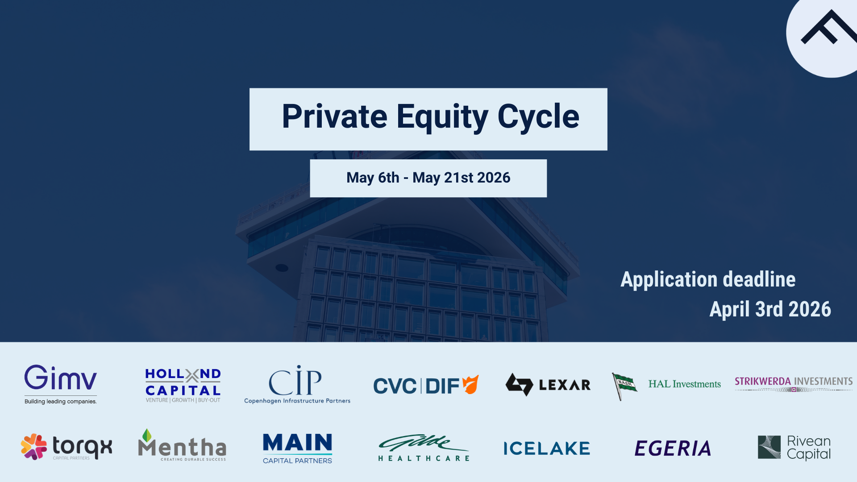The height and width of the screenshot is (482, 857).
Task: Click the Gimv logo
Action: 60,383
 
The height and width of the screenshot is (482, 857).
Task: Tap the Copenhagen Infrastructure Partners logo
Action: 297,384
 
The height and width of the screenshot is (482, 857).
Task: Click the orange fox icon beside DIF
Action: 470,384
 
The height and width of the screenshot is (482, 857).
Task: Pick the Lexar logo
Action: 548,384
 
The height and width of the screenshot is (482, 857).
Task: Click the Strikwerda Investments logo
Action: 793,383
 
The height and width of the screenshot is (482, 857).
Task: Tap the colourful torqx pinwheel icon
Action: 34,446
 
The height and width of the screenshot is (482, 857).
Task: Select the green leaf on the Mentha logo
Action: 147,435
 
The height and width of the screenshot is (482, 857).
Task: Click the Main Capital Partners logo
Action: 297,448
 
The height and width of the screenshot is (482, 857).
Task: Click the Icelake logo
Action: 547,448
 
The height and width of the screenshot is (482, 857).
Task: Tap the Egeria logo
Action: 673,448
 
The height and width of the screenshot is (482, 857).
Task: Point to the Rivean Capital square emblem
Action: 769,447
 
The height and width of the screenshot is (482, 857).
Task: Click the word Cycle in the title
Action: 538,117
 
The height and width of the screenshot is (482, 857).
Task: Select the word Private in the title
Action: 334,117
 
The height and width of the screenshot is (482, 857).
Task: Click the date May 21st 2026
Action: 461,178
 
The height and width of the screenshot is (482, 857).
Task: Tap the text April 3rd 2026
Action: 770,309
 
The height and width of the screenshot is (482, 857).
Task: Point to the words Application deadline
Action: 708,280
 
